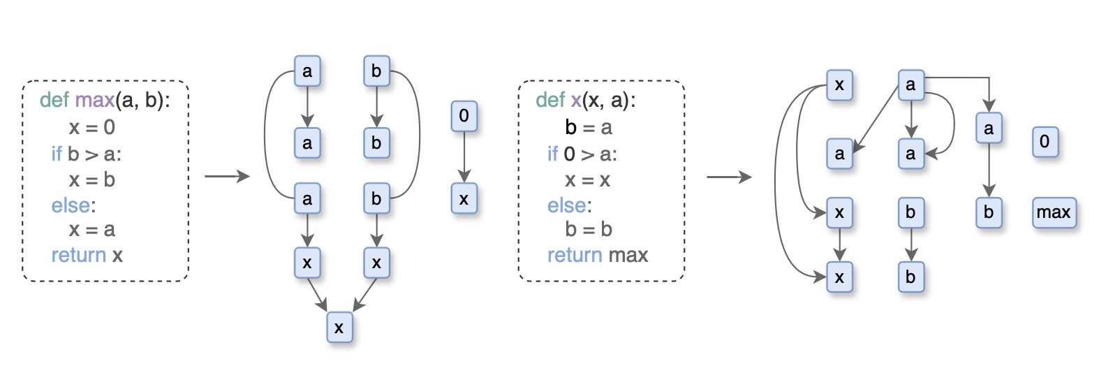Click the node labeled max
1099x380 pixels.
1054,212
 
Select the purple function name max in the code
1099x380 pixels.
94,100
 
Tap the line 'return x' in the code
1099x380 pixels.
87,255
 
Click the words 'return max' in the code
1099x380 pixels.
597,255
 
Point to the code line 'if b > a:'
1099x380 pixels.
86,154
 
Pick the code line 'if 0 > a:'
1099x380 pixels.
582,154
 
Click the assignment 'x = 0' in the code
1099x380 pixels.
91,127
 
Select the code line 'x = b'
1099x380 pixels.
91,180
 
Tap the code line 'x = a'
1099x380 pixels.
91,229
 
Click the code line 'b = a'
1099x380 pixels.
588,127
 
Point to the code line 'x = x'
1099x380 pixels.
587,180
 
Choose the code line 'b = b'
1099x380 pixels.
588,229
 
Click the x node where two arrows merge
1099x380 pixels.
339,328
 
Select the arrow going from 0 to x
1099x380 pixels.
464,158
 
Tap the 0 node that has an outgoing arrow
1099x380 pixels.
464,116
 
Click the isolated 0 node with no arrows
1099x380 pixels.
1045,142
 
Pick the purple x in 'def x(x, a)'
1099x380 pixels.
575,100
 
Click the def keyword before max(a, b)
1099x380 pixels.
54,100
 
